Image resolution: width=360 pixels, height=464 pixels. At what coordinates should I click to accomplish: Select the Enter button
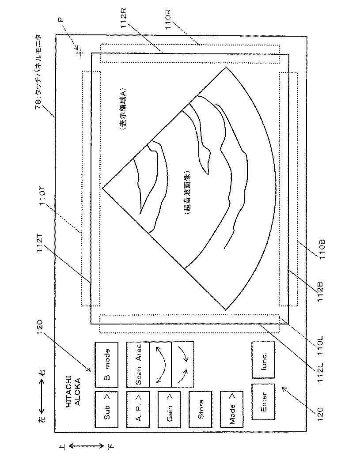[x=263, y=403]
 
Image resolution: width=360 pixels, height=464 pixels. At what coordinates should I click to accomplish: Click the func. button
[x=263, y=359]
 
